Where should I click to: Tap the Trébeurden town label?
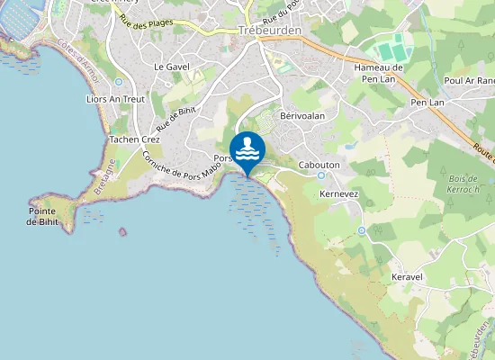270,30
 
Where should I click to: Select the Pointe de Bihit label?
43,216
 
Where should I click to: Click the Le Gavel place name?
170,67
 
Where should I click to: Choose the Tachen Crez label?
134,139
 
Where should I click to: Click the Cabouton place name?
319,164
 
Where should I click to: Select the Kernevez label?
339,193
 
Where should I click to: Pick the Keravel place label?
408,276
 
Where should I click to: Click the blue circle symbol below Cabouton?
320,175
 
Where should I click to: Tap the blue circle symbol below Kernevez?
361,230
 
